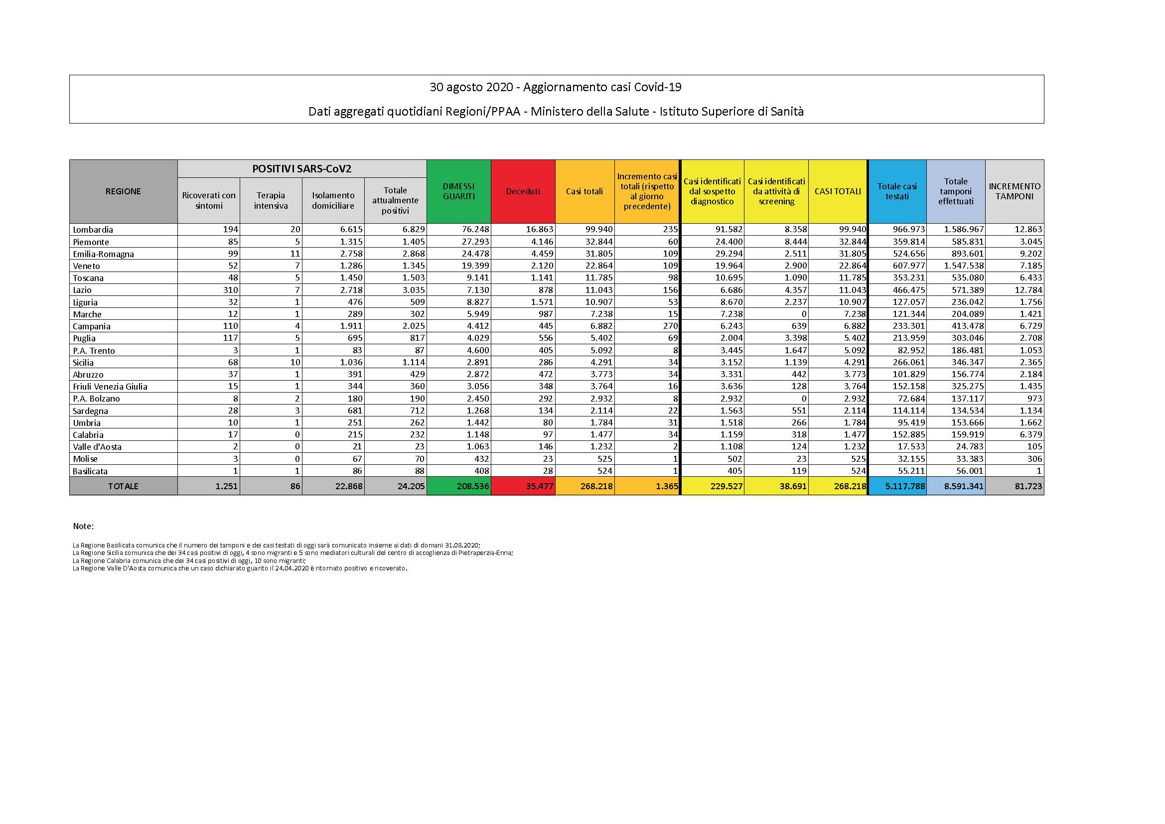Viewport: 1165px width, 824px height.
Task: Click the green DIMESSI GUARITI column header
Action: tap(458, 191)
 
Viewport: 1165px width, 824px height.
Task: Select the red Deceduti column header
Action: tap(523, 191)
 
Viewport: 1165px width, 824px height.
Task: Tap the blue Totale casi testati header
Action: tap(896, 191)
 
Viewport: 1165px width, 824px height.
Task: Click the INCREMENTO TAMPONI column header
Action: tap(1014, 191)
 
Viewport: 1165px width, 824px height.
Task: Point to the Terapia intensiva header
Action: tap(271, 200)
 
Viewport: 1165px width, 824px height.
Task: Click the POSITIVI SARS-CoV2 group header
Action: tap(301, 169)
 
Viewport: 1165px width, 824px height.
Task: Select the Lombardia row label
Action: tap(93, 229)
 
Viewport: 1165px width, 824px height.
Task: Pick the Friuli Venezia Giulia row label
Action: tap(110, 387)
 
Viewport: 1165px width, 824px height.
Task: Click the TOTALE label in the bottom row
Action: tap(123, 486)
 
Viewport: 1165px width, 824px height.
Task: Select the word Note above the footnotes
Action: tap(83, 526)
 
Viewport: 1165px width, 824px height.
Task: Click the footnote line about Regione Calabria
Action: tap(189, 560)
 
